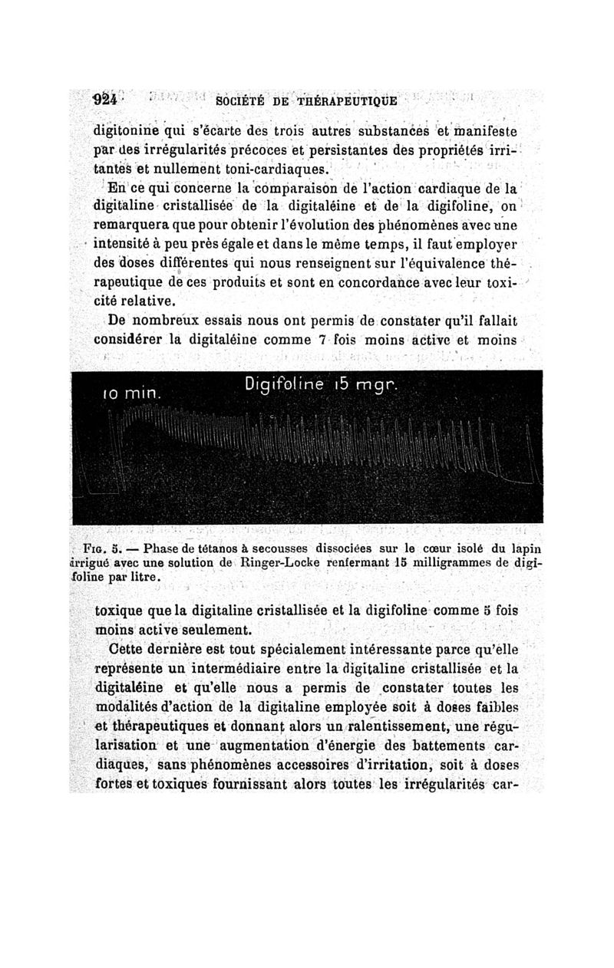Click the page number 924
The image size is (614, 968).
[x=104, y=100]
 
